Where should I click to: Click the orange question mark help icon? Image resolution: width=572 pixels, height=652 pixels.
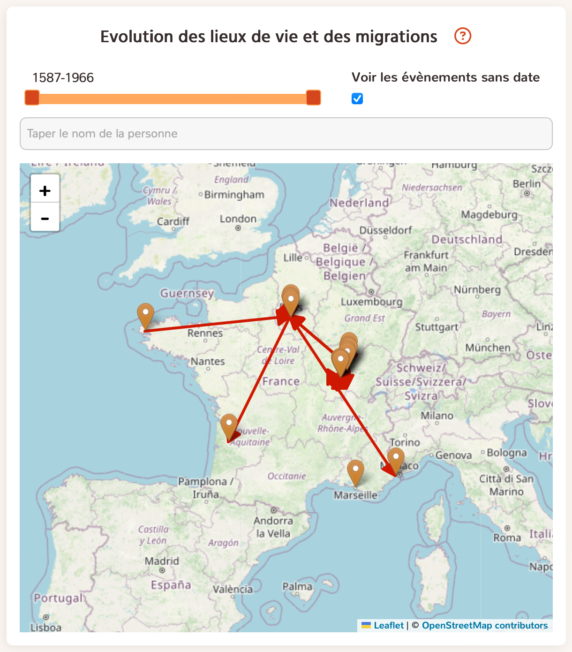pos(462,36)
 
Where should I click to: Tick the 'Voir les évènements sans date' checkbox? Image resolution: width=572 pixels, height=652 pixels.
pos(357,99)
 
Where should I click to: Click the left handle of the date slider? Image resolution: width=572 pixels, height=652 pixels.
pos(32,98)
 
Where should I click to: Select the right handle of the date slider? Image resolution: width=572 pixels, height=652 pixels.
pos(313,98)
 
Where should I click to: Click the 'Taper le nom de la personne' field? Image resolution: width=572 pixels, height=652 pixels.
pos(286,134)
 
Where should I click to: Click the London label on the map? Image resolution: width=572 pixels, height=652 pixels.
pos(238,219)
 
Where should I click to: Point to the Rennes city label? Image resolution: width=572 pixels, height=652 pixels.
pos(205,333)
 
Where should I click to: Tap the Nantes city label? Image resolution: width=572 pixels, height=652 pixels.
pos(208,362)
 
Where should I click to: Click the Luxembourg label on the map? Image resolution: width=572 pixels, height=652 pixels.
pos(372,302)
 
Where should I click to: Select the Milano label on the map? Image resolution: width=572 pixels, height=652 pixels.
pos(437,416)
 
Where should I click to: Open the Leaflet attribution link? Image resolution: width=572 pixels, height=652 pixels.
pos(389,625)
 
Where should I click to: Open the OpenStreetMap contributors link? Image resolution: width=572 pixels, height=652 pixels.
pos(485,625)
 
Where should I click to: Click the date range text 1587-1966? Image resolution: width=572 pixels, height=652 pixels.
pos(63,78)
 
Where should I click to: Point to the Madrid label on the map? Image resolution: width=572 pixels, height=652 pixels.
pos(162,561)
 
